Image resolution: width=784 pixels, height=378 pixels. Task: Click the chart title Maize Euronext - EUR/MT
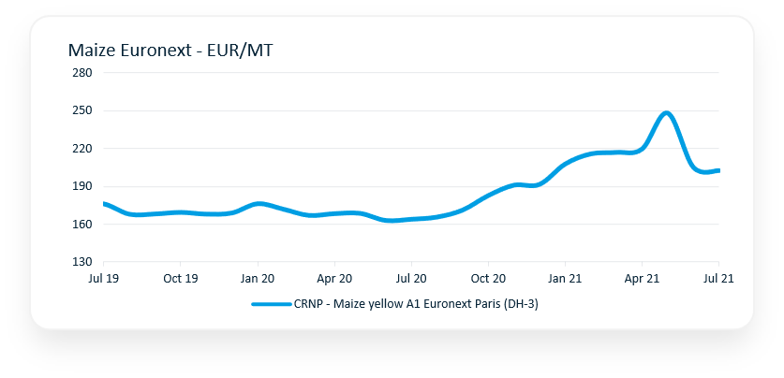pyautogui.click(x=170, y=51)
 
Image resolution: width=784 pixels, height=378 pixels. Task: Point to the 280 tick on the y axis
pyautogui.click(x=81, y=73)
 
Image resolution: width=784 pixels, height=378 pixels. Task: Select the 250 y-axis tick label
pyautogui.click(x=81, y=110)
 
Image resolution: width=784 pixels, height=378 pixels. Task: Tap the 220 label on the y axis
pyautogui.click(x=81, y=149)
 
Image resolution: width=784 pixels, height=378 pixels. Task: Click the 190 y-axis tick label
pyautogui.click(x=81, y=186)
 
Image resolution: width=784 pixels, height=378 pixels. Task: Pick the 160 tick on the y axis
pyautogui.click(x=81, y=225)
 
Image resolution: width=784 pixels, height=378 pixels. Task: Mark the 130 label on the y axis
pyautogui.click(x=81, y=262)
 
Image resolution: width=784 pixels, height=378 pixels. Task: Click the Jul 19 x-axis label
pyautogui.click(x=103, y=279)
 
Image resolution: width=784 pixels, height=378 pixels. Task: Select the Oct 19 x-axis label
pyautogui.click(x=180, y=279)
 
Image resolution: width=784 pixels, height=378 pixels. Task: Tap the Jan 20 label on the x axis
pyautogui.click(x=258, y=279)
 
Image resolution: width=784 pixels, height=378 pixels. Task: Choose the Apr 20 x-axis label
pyautogui.click(x=334, y=279)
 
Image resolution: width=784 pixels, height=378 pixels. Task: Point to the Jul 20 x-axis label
pyautogui.click(x=411, y=279)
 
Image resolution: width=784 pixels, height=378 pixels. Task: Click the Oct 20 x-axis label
pyautogui.click(x=488, y=279)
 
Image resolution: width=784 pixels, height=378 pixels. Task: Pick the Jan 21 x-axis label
pyautogui.click(x=565, y=279)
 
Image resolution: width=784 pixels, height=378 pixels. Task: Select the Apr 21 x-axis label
pyautogui.click(x=642, y=279)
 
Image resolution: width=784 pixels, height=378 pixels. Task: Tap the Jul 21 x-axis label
pyautogui.click(x=717, y=279)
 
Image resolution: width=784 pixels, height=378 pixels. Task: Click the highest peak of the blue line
pyautogui.click(x=667, y=113)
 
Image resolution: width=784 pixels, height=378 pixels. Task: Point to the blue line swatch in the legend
pyautogui.click(x=271, y=303)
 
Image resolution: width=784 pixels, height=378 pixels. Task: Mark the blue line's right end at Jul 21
pyautogui.click(x=717, y=170)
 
